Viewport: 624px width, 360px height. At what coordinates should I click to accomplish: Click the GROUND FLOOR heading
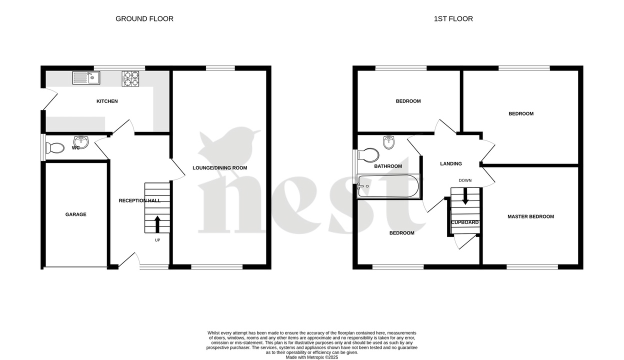[144, 19]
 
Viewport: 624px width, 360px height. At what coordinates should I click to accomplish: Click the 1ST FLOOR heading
[453, 19]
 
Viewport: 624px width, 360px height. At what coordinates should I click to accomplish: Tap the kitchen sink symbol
[86, 77]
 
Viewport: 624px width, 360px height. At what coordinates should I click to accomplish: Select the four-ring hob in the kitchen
[130, 78]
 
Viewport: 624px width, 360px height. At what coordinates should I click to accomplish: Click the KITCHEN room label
[107, 101]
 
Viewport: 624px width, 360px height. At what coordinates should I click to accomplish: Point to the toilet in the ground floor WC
[55, 148]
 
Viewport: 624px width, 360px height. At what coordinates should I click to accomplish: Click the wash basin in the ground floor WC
[80, 142]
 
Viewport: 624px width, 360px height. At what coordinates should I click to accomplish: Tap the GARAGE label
[75, 214]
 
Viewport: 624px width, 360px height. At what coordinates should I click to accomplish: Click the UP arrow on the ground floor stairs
[157, 224]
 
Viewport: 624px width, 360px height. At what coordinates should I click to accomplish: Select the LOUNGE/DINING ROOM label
[220, 168]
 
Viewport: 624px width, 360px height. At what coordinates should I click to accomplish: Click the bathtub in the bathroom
[388, 186]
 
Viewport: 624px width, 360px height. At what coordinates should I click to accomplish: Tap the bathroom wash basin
[389, 143]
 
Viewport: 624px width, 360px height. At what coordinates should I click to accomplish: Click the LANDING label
[450, 164]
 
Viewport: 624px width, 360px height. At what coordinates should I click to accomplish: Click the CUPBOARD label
[465, 222]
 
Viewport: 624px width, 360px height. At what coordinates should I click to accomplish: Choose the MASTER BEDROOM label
[530, 217]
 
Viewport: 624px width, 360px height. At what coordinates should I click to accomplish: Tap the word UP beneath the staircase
[157, 240]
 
